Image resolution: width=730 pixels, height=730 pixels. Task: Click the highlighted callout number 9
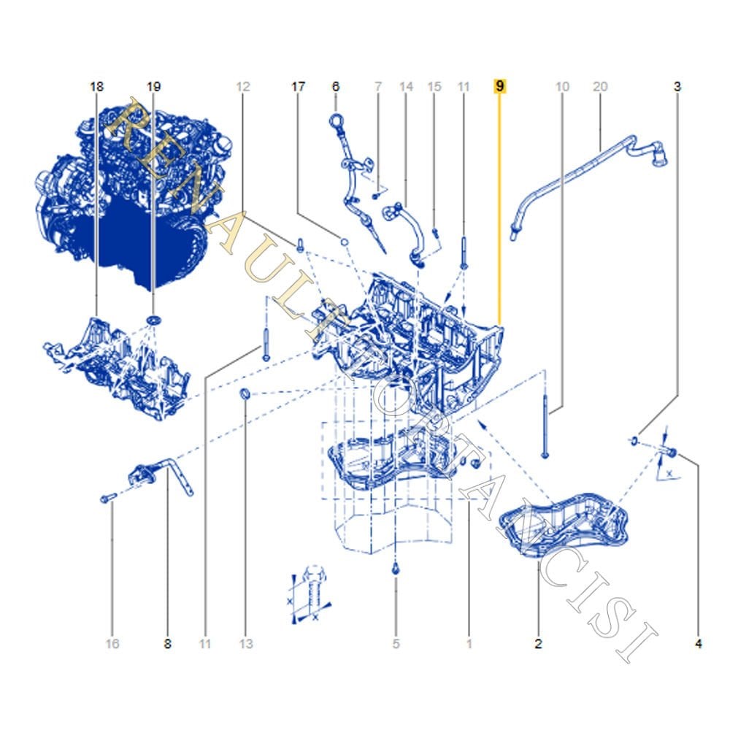[500, 86]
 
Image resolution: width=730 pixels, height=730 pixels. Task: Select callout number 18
[96, 86]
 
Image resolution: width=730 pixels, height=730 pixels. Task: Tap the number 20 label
[600, 86]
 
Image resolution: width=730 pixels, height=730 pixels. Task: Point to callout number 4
[699, 644]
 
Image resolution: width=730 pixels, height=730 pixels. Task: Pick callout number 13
[246, 644]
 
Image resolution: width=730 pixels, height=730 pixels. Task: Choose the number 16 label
[112, 644]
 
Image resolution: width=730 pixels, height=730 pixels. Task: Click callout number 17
[298, 86]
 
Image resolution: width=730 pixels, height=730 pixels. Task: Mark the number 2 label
[538, 644]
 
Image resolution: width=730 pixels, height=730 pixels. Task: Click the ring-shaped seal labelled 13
[246, 396]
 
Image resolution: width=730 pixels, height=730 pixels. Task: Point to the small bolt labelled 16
[107, 498]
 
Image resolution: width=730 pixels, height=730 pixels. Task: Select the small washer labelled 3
[634, 440]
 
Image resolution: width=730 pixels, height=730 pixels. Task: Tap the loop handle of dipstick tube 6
[337, 120]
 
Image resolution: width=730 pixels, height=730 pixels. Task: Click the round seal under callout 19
[153, 321]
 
